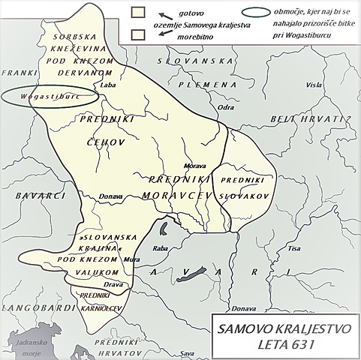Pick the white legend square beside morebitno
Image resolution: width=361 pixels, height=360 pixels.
pyautogui.click(x=137, y=34)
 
